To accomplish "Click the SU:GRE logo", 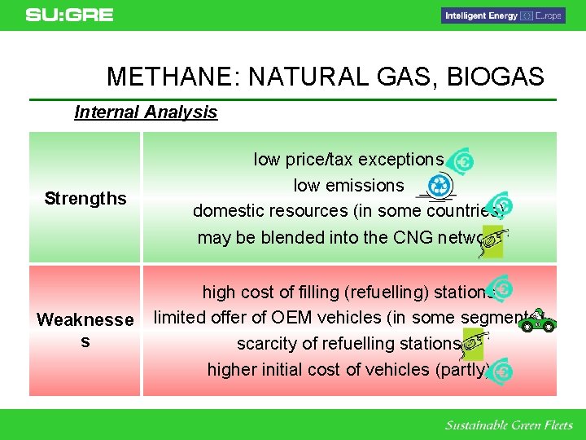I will click(69, 15).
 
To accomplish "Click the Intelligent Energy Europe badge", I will click(503, 15).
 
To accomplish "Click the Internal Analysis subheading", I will click(146, 112).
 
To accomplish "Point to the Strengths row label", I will click(85, 198).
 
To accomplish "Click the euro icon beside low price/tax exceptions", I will click(461, 162).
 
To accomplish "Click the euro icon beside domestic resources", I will click(501, 205).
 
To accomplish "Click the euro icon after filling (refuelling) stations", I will click(501, 289).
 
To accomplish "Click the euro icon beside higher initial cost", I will click(501, 371).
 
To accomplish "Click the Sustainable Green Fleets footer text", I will click(509, 425).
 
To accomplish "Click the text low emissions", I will click(348, 186).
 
